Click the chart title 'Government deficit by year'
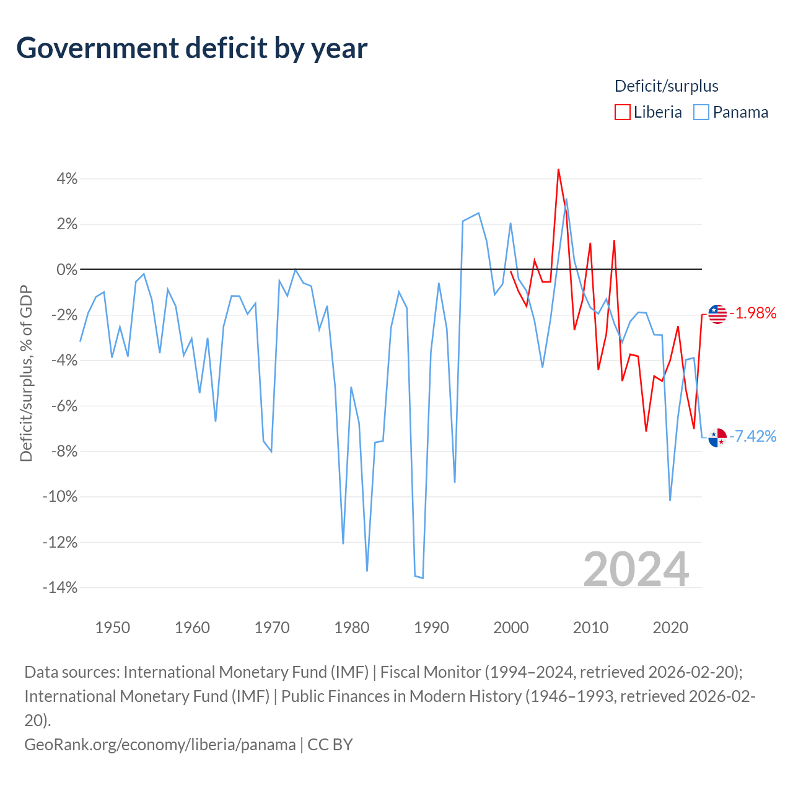(x=191, y=48)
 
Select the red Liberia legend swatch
(x=622, y=112)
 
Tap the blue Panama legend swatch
(x=701, y=112)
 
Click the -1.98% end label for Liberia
(x=753, y=313)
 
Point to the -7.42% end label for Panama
(x=753, y=436)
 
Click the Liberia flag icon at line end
(x=717, y=314)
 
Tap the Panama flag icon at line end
(x=717, y=437)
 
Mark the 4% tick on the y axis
(x=67, y=179)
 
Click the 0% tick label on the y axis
(x=67, y=270)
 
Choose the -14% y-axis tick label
(x=60, y=588)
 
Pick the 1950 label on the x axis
(x=112, y=628)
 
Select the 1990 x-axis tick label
(x=431, y=628)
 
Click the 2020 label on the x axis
(x=670, y=628)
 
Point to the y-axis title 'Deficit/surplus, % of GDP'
(x=27, y=373)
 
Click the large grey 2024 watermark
(x=636, y=569)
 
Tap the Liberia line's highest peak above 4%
(x=558, y=169)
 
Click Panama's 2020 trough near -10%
(x=670, y=501)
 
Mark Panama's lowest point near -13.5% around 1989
(x=423, y=578)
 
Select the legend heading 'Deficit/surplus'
(x=666, y=86)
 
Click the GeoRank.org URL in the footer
(x=160, y=745)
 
